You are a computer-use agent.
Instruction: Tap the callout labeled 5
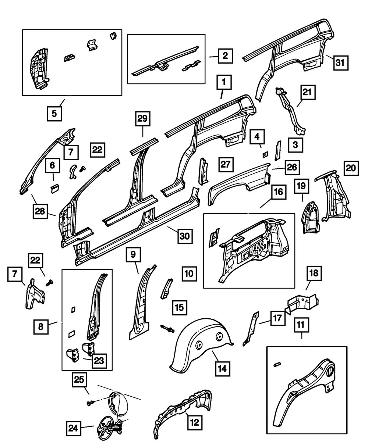(54, 113)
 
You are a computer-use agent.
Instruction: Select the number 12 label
(195, 423)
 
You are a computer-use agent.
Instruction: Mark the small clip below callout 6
(55, 188)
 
